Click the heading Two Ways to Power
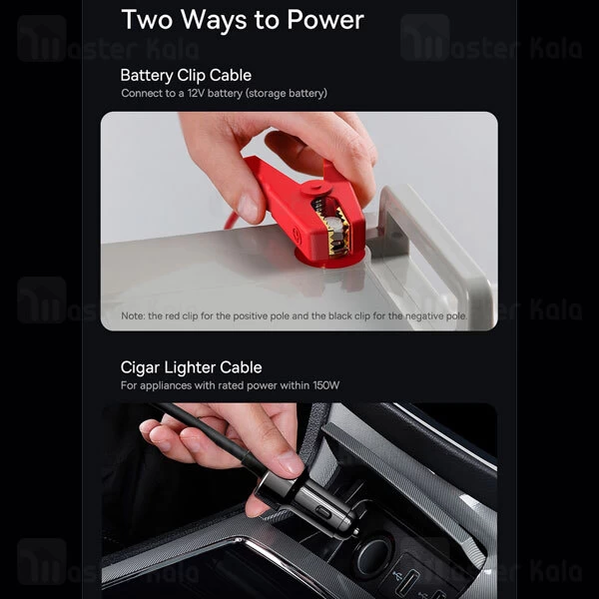243,20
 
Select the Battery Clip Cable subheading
186,76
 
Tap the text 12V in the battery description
196,93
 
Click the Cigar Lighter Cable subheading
191,367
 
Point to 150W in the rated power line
325,385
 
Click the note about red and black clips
295,315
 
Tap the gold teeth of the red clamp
337,232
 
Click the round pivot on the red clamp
315,188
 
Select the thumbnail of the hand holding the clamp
248,209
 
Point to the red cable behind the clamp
233,222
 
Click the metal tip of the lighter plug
355,531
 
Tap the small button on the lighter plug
323,512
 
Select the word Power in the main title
325,19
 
